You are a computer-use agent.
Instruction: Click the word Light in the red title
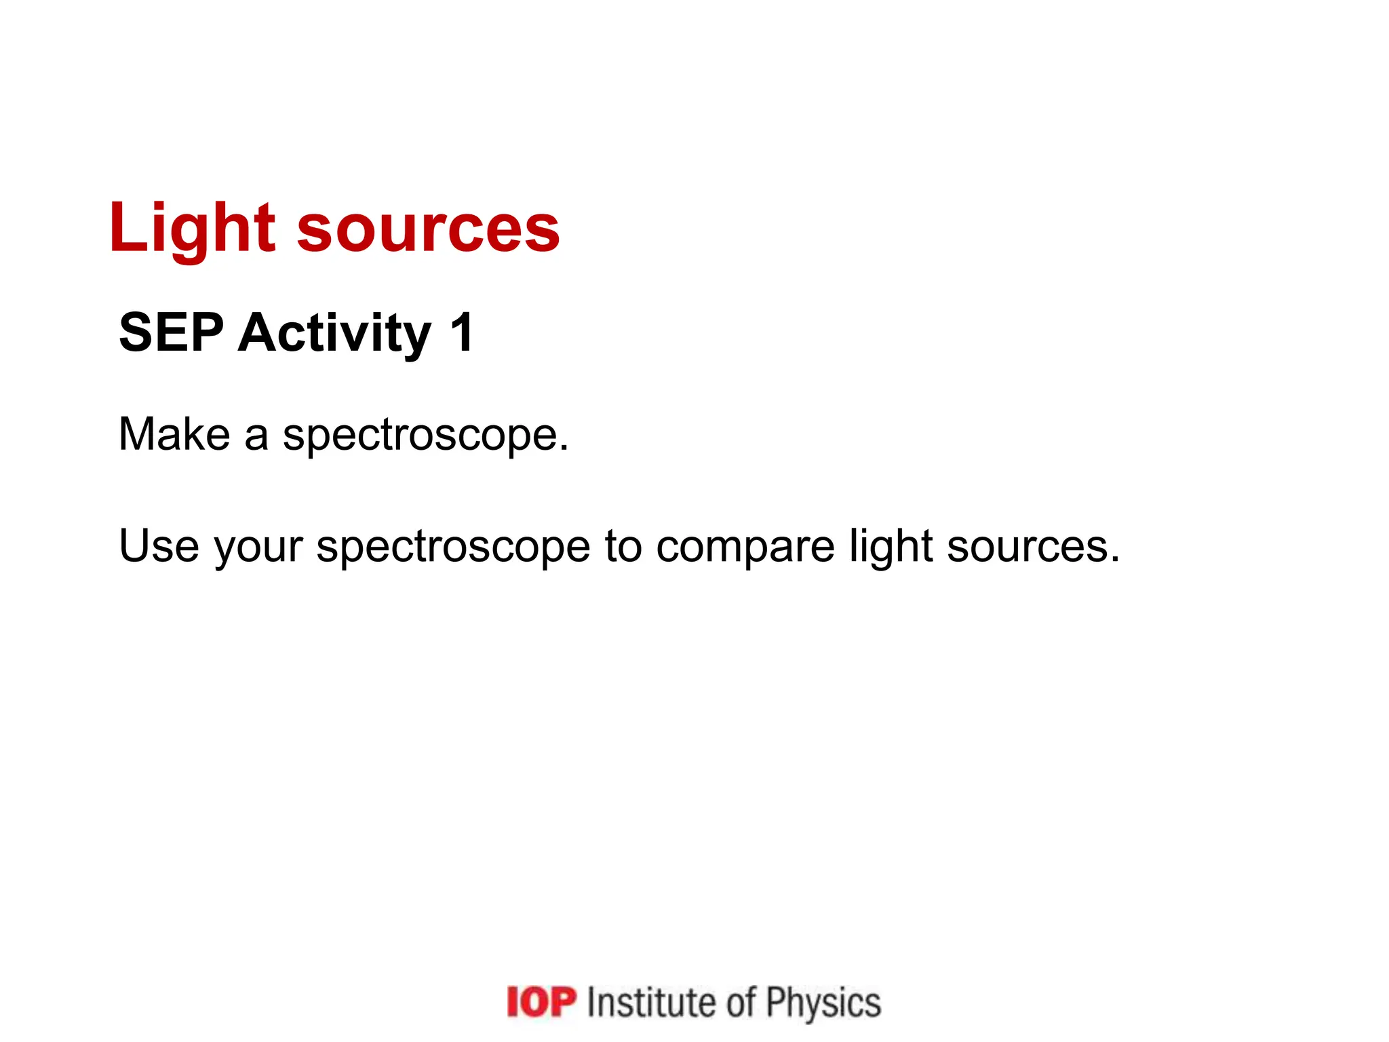(x=192, y=229)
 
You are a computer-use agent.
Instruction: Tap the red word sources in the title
(x=428, y=229)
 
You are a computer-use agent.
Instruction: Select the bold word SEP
(x=171, y=332)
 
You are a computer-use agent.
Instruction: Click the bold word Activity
(x=334, y=332)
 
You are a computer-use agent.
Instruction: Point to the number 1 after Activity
(x=462, y=332)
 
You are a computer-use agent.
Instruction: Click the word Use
(x=159, y=545)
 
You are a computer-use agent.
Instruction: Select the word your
(x=258, y=548)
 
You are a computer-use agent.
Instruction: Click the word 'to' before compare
(x=623, y=547)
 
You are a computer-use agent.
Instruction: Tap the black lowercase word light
(x=891, y=547)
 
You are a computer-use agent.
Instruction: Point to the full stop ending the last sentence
(x=1114, y=560)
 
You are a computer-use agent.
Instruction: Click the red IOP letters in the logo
(x=541, y=1002)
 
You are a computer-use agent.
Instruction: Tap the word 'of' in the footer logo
(x=741, y=1002)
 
